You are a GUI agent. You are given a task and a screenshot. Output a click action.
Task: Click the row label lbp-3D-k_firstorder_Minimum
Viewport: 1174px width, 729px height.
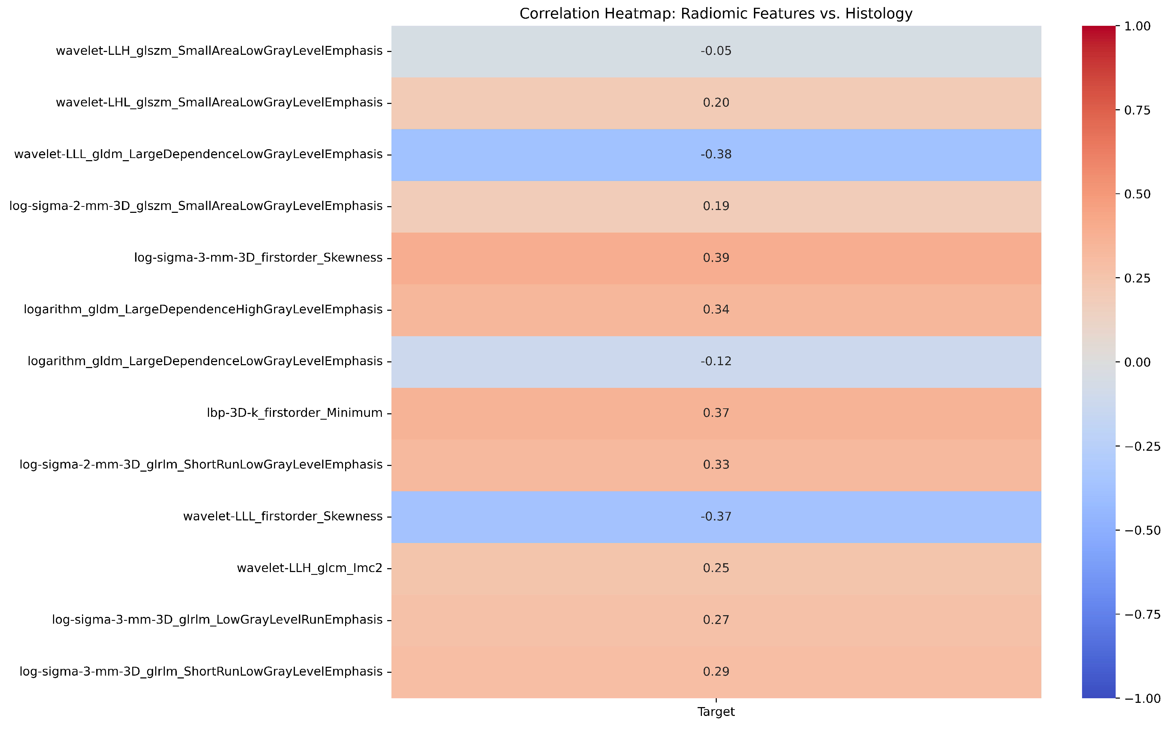point(294,413)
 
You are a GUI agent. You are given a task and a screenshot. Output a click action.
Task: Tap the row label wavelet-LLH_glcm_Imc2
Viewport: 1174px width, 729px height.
point(309,568)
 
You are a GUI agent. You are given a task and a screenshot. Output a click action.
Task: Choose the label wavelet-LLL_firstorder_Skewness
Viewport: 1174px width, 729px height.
point(283,517)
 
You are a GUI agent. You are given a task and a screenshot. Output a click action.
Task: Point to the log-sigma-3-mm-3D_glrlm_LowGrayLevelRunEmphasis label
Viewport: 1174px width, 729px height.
point(217,620)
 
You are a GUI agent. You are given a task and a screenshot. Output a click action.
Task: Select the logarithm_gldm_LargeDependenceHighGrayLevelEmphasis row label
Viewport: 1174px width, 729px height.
point(203,310)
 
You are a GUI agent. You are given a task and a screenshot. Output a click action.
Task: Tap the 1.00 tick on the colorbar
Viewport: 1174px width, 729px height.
point(1137,26)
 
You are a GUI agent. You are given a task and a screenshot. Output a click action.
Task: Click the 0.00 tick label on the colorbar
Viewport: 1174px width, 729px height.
point(1137,362)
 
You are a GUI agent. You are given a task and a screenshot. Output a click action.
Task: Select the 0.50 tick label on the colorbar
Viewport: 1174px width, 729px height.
point(1137,194)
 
